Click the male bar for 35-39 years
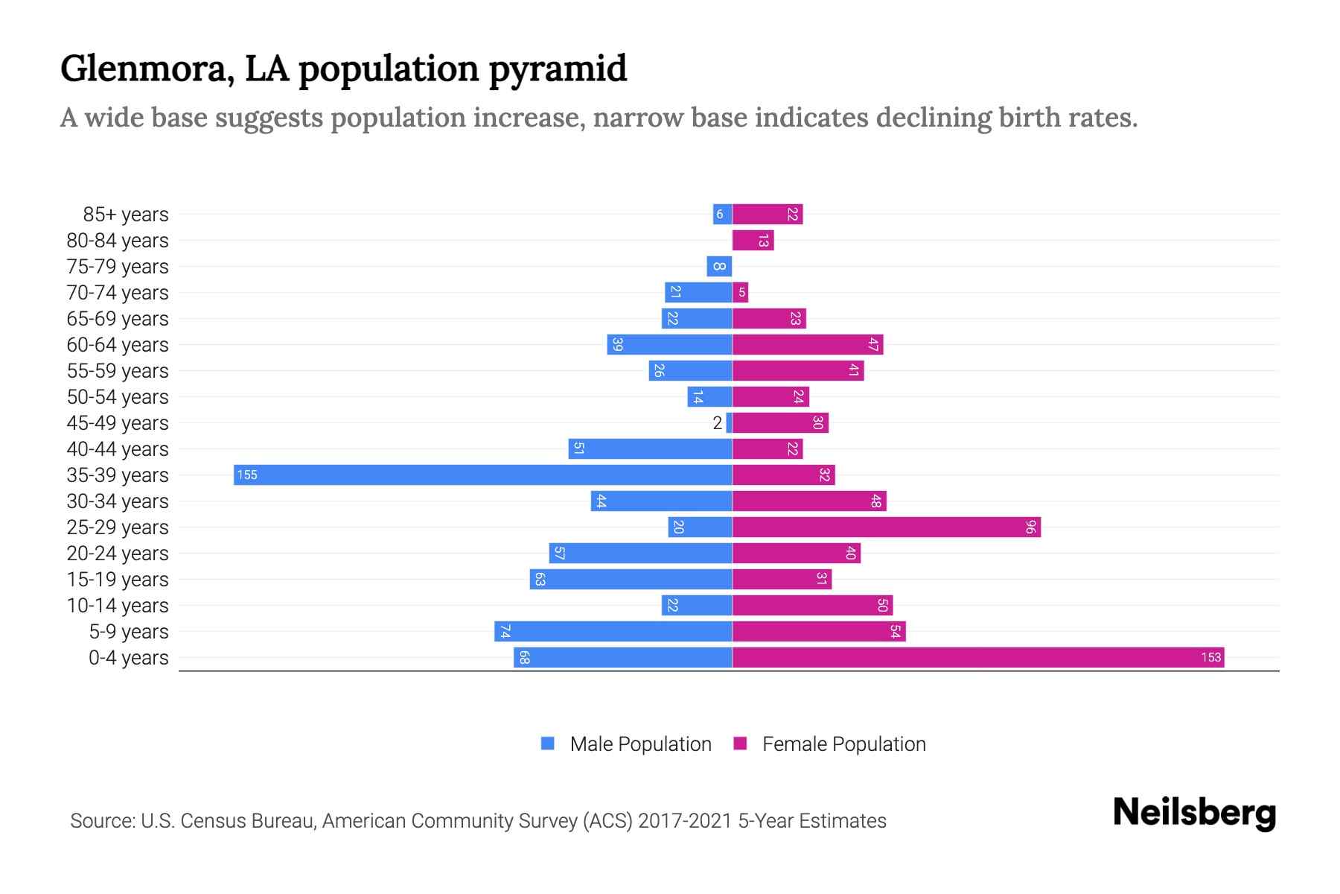(482, 475)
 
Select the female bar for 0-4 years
(977, 657)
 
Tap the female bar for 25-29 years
(886, 527)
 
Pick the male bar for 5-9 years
(613, 632)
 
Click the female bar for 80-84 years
(753, 241)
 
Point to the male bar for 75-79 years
(719, 267)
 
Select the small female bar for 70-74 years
(740, 293)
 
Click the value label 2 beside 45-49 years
(717, 423)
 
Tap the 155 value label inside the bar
(247, 475)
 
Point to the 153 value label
(1210, 657)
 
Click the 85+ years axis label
(126, 215)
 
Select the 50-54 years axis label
(118, 397)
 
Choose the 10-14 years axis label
(118, 606)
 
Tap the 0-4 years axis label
(128, 658)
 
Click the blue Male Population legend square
(548, 744)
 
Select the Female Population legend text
(843, 744)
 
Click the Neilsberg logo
(1194, 813)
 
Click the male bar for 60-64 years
(669, 345)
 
